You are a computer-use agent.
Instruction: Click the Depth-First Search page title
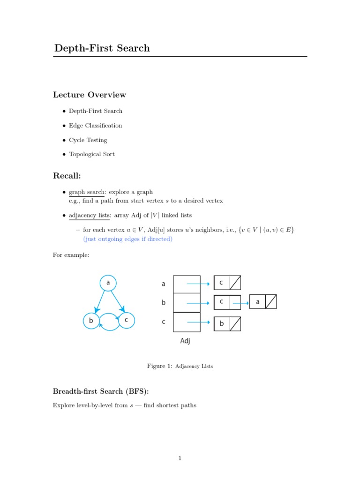(x=102, y=48)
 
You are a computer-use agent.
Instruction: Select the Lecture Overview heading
(x=90, y=95)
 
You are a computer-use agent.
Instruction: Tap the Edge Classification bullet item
(x=95, y=126)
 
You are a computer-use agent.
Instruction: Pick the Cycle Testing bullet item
(x=88, y=140)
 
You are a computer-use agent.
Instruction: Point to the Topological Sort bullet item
(x=91, y=154)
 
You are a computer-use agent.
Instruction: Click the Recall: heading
(x=67, y=176)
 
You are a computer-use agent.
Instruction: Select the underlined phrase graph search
(x=87, y=192)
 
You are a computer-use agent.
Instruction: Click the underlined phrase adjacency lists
(x=90, y=215)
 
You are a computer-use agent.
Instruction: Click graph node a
(x=108, y=283)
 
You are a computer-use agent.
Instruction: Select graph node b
(x=91, y=321)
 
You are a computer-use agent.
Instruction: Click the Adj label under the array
(x=185, y=341)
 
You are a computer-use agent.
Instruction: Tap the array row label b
(x=164, y=303)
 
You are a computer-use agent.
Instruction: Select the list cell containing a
(x=257, y=302)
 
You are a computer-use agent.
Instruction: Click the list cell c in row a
(x=221, y=283)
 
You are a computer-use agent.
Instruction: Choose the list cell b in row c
(x=222, y=323)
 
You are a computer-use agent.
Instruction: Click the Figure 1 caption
(x=180, y=366)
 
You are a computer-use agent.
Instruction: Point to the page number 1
(x=180, y=458)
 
